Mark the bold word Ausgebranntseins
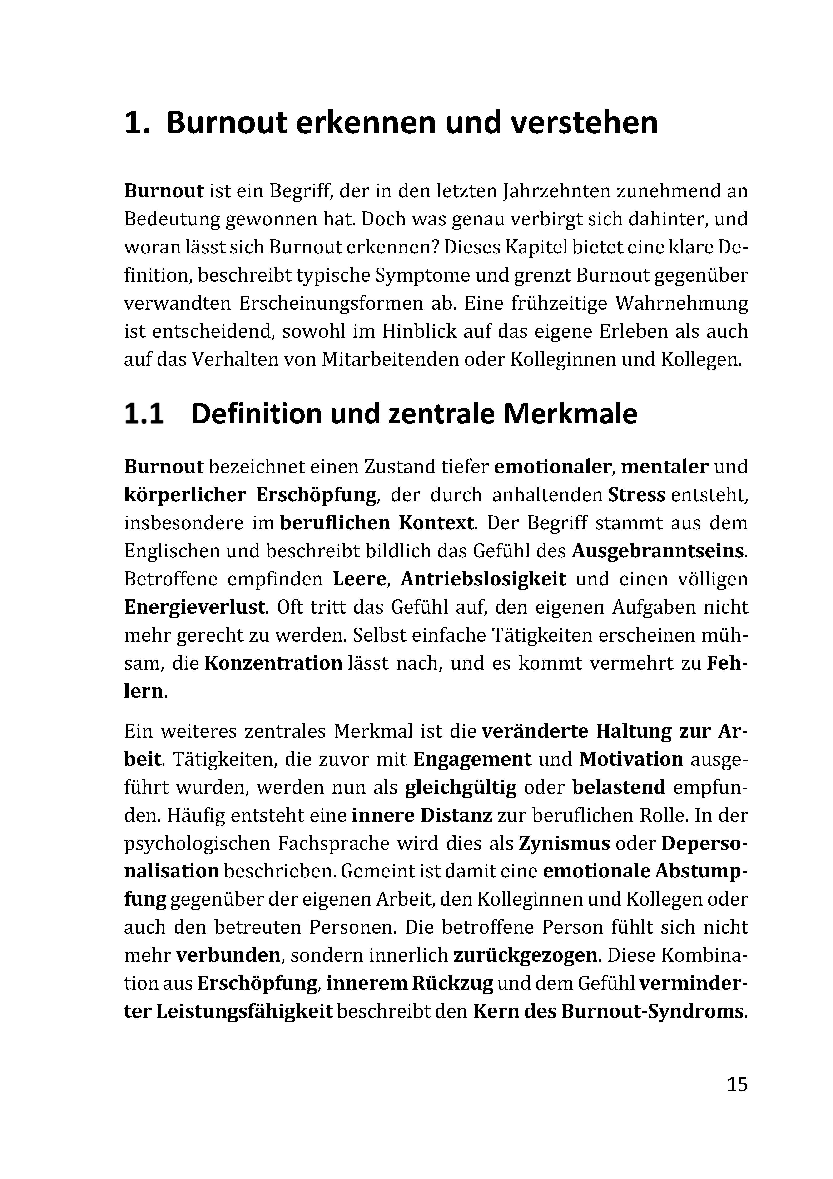point(658,551)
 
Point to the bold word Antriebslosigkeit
point(483,579)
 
